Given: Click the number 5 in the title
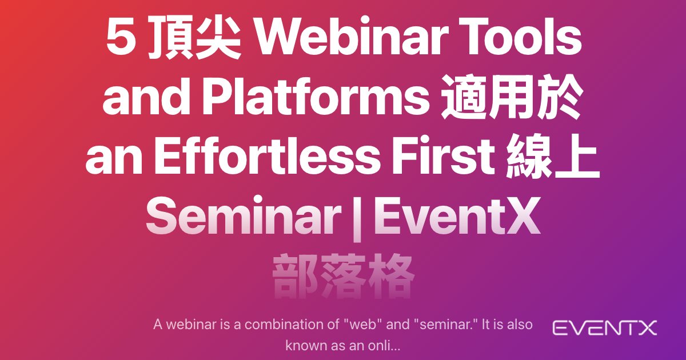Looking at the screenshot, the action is pos(121,38).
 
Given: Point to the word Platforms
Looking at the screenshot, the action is pos(316,97).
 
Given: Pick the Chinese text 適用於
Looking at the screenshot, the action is pos(512,97).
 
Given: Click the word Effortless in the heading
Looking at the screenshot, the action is pos(266,156).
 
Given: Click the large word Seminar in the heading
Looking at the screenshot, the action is pos(244,215).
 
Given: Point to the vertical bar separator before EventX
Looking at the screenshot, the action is pos(357,218).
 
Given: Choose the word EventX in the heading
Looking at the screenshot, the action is pos(456,215).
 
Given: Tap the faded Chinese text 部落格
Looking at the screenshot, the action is pos(343,276).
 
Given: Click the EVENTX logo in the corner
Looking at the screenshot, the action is pos(605,328).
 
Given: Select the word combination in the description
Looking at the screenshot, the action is pos(288,325).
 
